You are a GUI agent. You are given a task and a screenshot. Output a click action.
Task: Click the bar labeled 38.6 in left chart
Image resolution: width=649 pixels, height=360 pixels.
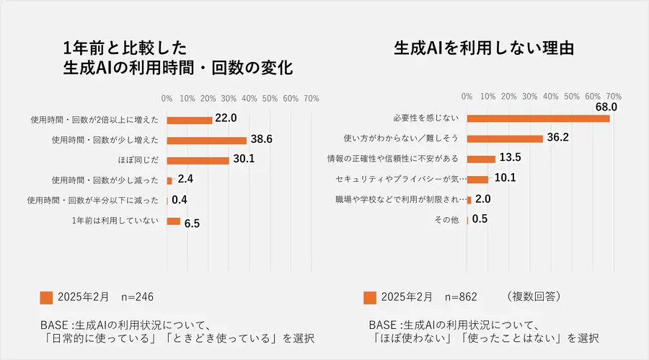(206, 140)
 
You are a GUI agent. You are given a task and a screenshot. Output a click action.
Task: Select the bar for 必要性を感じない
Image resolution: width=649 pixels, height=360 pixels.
(538, 118)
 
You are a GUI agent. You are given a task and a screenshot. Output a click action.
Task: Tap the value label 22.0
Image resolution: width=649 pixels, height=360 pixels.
(225, 118)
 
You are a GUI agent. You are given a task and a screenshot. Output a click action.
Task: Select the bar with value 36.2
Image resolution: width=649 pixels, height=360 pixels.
(505, 139)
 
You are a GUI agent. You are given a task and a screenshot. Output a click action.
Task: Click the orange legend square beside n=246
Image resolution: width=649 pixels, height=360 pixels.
(46, 297)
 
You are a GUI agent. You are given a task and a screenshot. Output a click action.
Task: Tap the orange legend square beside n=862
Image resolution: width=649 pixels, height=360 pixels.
(370, 297)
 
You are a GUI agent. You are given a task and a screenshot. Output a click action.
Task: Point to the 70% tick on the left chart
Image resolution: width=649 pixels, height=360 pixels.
(312, 98)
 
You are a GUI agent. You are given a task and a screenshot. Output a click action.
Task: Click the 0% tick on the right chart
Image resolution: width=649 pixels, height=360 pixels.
(467, 96)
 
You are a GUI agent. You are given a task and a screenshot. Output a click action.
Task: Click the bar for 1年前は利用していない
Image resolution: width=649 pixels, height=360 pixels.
(173, 221)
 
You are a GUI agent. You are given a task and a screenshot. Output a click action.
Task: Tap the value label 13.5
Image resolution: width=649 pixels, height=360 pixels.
(511, 158)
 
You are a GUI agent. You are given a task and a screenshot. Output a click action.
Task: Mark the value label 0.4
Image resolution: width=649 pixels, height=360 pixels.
(180, 200)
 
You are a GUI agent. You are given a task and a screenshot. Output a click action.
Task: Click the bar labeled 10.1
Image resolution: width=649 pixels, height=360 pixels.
(477, 179)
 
